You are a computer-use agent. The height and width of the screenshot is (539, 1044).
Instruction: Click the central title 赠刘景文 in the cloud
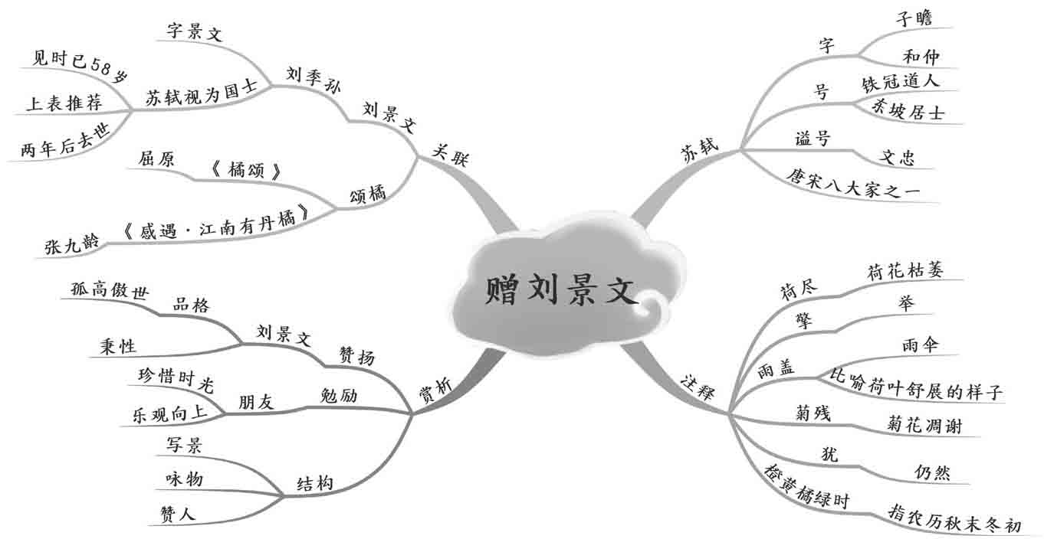tap(561, 292)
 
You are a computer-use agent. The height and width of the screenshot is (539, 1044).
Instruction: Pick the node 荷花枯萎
tap(905, 271)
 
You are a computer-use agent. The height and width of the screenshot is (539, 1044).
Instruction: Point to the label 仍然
tap(932, 472)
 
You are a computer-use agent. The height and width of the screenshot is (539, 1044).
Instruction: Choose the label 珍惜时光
tap(167, 376)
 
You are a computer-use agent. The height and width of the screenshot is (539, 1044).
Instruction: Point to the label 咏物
tap(184, 479)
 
